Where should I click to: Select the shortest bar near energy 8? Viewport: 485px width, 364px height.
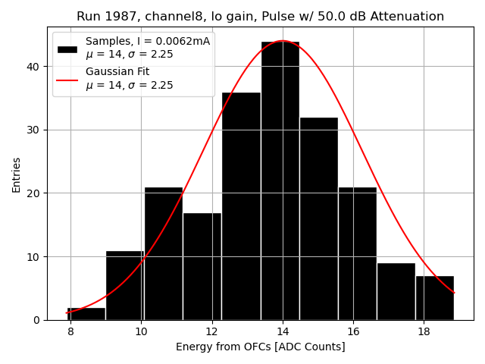coord(86,314)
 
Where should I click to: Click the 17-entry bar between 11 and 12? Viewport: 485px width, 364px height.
coord(202,266)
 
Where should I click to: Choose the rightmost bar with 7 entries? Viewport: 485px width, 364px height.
coord(434,297)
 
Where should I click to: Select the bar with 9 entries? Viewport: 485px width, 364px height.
coord(396,291)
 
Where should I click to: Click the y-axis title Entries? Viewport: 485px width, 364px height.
coord(17,174)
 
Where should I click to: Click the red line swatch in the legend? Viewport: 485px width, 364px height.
coord(67,79)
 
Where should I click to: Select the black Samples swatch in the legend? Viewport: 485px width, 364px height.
coord(67,48)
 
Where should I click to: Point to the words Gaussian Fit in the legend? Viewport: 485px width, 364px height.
coord(117,71)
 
